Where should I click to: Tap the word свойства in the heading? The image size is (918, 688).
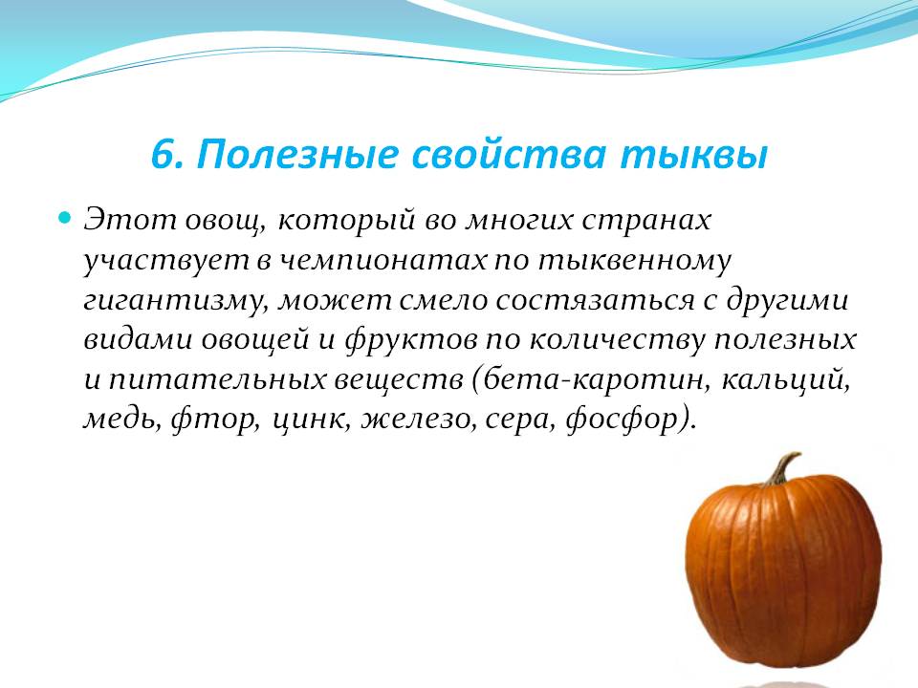tap(509, 155)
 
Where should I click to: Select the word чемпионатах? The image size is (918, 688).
tap(382, 261)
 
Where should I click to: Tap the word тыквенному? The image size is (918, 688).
tap(635, 261)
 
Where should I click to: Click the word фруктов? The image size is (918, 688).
tap(411, 340)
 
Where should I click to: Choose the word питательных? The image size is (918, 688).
tap(217, 380)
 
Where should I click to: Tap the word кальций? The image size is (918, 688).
tap(785, 380)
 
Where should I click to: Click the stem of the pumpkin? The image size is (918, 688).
tap(782, 468)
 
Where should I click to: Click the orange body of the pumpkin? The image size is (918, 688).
tap(783, 573)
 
